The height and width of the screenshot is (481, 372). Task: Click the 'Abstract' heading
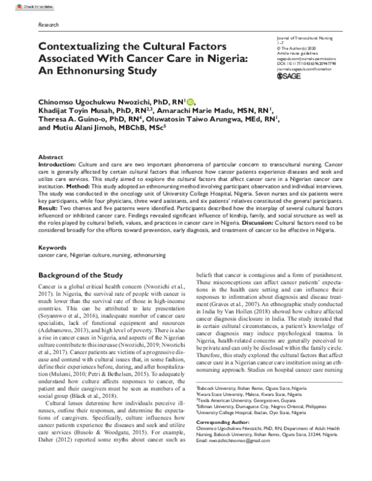(x=50, y=157)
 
